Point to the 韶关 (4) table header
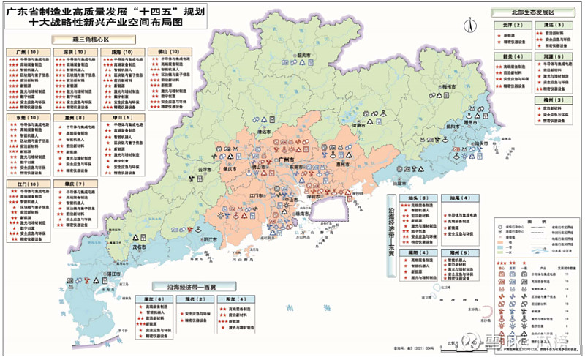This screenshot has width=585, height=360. click(512, 56)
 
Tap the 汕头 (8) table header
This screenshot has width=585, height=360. click(418, 198)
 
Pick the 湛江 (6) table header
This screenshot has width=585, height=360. click(153, 299)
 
